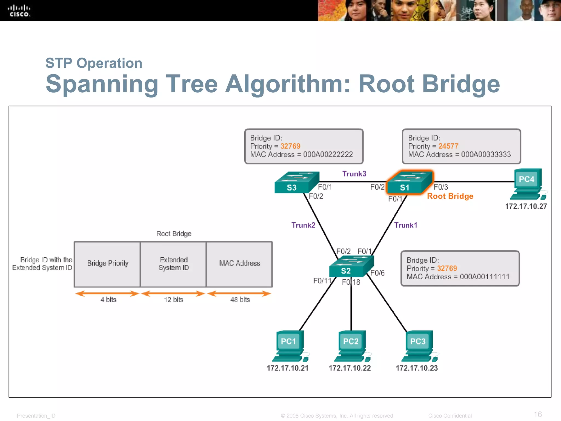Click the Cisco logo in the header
pyautogui.click(x=19, y=11)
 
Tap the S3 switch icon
pyautogui.click(x=297, y=183)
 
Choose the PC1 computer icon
pyautogui.click(x=289, y=346)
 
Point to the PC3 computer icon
pyautogui.click(x=419, y=346)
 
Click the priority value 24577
pyautogui.click(x=448, y=146)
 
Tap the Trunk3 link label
pyautogui.click(x=354, y=174)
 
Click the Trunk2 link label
pyautogui.click(x=303, y=225)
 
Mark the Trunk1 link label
pyautogui.click(x=405, y=225)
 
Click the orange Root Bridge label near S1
pyautogui.click(x=450, y=196)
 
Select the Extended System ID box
pyautogui.click(x=173, y=264)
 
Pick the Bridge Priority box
pyautogui.click(x=107, y=264)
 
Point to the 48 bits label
pyautogui.click(x=240, y=300)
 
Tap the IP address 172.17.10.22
pyautogui.click(x=350, y=368)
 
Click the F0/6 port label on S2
pyautogui.click(x=377, y=273)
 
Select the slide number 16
pyautogui.click(x=537, y=414)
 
